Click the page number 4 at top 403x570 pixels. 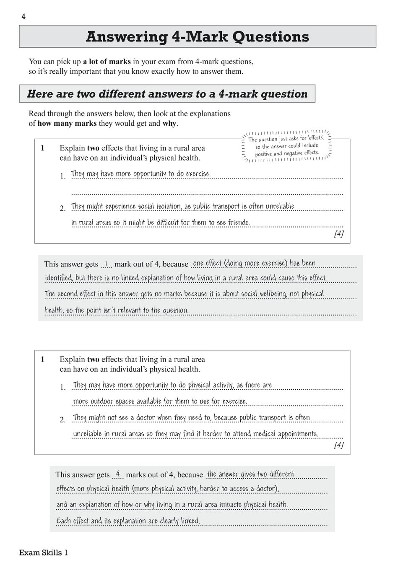coord(23,17)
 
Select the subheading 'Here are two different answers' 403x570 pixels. coord(167,94)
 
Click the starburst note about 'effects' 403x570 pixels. coord(287,146)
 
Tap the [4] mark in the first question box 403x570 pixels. coord(338,234)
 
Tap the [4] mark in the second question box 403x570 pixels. coord(338,445)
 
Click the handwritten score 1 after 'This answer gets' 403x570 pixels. coord(106,264)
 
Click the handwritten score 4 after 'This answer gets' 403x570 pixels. coord(118,474)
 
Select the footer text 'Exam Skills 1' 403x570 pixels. coord(44,552)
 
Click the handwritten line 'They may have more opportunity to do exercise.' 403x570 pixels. coord(140,174)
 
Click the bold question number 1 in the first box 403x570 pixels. coord(42,148)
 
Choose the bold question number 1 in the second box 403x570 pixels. coord(42,359)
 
